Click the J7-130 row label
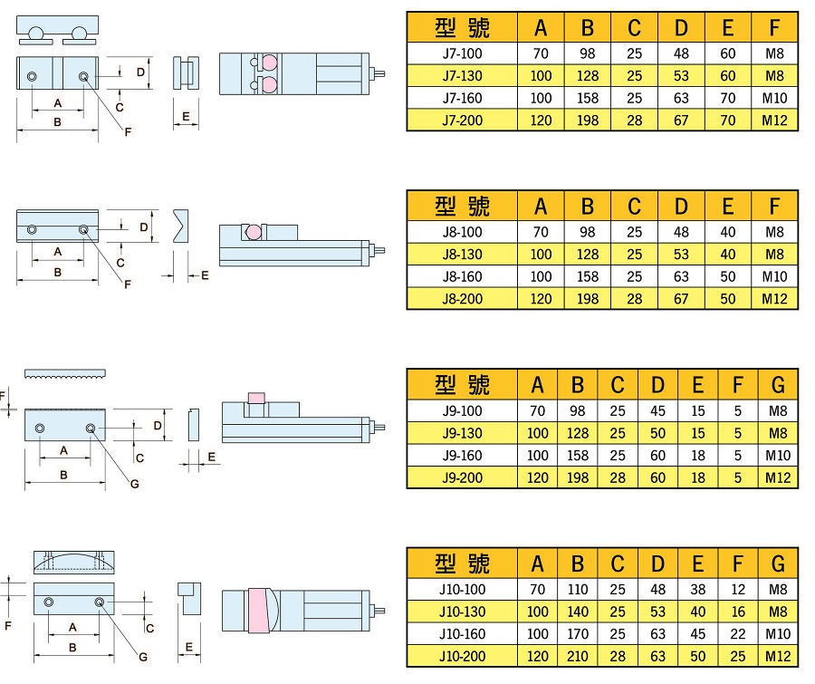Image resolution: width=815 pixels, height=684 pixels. (462, 76)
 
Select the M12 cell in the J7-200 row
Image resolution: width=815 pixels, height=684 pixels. (775, 120)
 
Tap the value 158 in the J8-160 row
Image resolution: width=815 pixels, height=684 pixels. (588, 276)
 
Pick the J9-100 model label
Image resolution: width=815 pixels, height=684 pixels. (462, 411)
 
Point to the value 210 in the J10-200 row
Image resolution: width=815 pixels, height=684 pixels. (577, 656)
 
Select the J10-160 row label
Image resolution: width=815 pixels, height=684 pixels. (462, 634)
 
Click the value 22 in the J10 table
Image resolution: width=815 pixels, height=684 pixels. (738, 634)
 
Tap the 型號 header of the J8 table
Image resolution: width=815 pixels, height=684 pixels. (462, 206)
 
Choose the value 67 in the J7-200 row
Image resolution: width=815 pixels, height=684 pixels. (681, 120)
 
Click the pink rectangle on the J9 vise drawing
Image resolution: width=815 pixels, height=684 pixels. (257, 399)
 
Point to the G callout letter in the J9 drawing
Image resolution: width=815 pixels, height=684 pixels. (134, 483)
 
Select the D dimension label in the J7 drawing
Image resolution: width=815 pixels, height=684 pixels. (140, 71)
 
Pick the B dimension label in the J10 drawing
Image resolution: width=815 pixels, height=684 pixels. (72, 648)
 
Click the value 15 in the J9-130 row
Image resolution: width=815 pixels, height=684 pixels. (697, 434)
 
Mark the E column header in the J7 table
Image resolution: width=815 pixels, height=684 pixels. (728, 29)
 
